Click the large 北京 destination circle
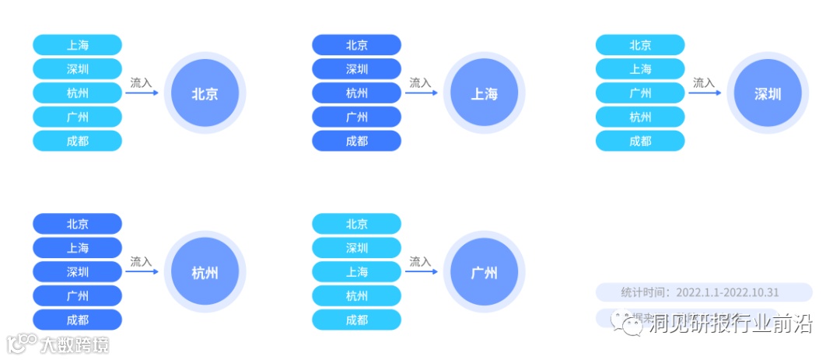[205, 94]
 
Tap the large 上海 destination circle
[484, 94]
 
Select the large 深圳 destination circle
[767, 94]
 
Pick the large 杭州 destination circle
[205, 273]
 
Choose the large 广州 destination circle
[484, 273]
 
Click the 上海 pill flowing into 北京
[78, 45]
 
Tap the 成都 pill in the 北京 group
[78, 142]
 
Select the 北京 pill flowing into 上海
[357, 45]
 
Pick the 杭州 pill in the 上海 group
[357, 93]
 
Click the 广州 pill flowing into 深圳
[640, 93]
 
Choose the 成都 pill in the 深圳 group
[640, 142]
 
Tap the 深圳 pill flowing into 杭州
[78, 272]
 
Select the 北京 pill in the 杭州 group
[78, 224]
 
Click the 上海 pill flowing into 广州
[357, 272]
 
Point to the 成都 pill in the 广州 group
[357, 320]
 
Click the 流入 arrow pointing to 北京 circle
[142, 93]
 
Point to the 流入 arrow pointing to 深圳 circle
[705, 93]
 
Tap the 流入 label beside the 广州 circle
[420, 262]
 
